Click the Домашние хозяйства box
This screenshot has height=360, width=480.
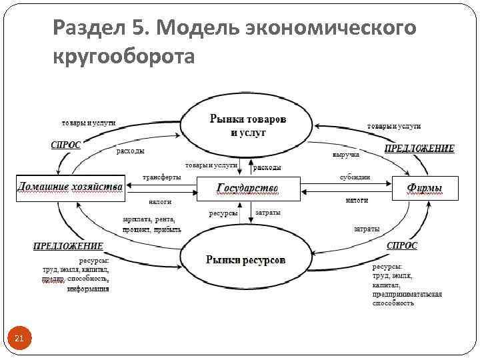tap(70, 187)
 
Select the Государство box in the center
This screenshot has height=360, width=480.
tap(248, 188)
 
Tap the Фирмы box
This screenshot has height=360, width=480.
tap(425, 188)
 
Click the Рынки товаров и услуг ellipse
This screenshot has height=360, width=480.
tap(247, 125)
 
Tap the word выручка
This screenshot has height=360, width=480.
tap(345, 154)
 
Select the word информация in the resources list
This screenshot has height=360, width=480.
tap(88, 289)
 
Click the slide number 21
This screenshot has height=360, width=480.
tap(19, 339)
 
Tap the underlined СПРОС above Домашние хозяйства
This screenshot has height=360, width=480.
tap(66, 145)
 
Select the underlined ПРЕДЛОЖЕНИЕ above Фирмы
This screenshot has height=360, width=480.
tap(419, 148)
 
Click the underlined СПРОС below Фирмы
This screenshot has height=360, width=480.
tap(402, 245)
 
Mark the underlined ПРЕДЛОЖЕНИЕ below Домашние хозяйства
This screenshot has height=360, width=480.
tap(68, 246)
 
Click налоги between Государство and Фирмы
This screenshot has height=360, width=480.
tap(357, 199)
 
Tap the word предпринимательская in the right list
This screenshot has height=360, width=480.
tap(407, 294)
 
